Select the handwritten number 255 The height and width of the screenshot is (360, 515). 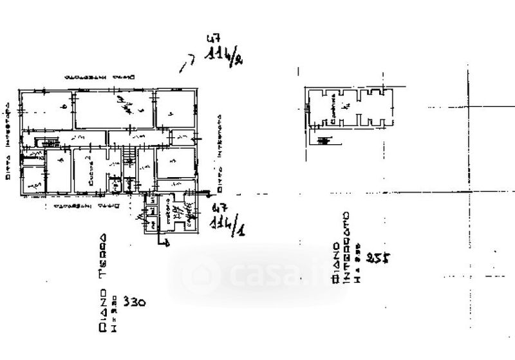coord(379,258)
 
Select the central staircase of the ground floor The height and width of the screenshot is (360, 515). coord(129,154)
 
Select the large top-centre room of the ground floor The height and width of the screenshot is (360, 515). coord(114,109)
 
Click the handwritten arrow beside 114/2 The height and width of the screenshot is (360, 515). coord(187,62)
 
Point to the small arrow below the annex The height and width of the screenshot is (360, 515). coord(165,243)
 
